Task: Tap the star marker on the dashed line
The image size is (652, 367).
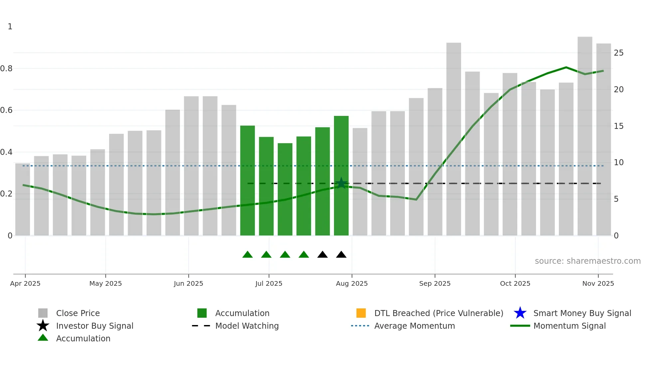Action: pos(341,183)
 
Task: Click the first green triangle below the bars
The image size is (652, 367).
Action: pos(247,255)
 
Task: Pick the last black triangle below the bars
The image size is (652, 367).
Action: pos(341,255)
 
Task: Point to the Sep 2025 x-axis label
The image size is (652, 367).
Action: pos(435,283)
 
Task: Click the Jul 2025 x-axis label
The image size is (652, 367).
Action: pos(269,283)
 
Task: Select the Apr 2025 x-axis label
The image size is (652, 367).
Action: pos(25,283)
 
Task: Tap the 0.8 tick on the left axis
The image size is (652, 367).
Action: pos(6,69)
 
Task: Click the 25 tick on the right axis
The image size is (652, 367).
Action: pos(619,53)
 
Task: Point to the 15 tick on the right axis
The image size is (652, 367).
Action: pos(619,126)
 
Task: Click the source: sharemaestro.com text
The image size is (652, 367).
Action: pos(587,261)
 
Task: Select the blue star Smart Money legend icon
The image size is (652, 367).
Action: pos(520,313)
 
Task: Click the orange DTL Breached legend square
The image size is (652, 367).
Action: pos(361,313)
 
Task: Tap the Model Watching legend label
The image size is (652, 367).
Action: pos(247,326)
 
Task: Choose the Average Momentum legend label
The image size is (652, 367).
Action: pos(414,326)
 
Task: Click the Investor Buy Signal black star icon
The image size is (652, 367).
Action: pos(43,326)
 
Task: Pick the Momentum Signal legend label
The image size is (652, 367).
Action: pos(570,326)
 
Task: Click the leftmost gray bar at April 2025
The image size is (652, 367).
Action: pos(23,200)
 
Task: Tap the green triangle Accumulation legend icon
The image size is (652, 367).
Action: pos(43,338)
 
